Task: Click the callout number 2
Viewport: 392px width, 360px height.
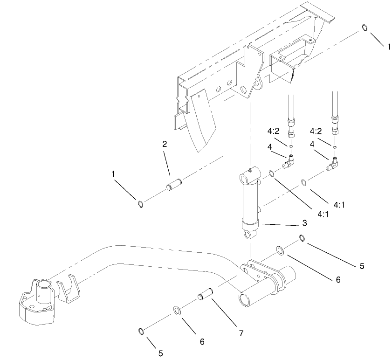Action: tap(165, 144)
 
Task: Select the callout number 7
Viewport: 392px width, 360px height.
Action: tap(241, 333)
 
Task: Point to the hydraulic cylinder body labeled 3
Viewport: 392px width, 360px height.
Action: tap(250, 201)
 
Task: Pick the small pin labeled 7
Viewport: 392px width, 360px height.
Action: tap(206, 296)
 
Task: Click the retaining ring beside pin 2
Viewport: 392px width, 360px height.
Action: tap(140, 203)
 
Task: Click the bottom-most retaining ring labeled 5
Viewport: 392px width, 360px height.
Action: tap(141, 331)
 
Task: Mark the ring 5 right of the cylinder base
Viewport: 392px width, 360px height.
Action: tap(302, 238)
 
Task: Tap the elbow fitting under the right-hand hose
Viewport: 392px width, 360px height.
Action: tap(334, 163)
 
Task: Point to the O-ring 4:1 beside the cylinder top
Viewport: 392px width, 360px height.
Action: tap(271, 174)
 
